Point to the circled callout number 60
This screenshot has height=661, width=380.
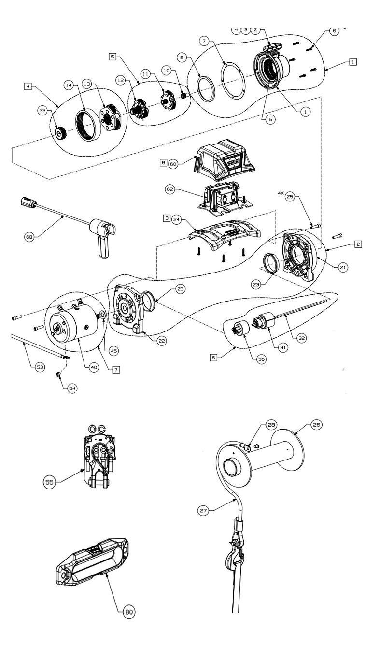tap(174, 164)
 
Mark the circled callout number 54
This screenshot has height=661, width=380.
tap(72, 388)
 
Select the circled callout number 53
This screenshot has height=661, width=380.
tap(40, 367)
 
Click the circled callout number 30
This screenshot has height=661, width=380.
tap(261, 360)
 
